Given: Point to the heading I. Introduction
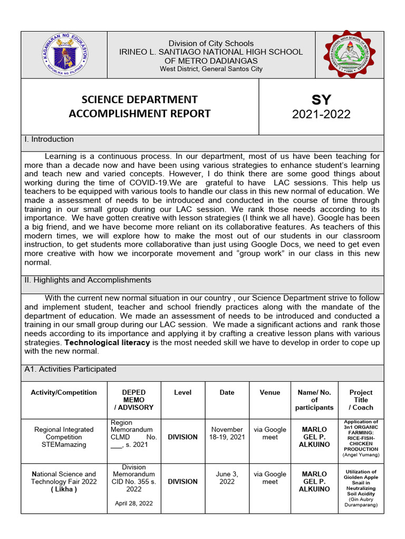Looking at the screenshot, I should point(49,139).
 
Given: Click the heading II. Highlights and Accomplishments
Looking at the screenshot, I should point(88,280).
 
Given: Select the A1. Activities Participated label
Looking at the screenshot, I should point(70,370).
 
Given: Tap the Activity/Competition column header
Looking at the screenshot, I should point(64,393).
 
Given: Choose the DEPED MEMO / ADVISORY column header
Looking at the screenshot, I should point(133,400).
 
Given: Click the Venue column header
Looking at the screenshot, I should point(269,393).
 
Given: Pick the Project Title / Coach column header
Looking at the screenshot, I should point(361,400).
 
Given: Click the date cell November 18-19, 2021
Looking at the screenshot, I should point(227,433).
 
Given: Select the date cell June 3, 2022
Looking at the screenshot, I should point(227,478).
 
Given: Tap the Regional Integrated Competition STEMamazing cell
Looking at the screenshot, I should point(64,437).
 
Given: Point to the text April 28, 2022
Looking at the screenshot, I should point(133,503).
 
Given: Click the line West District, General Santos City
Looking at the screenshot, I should point(211,69).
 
